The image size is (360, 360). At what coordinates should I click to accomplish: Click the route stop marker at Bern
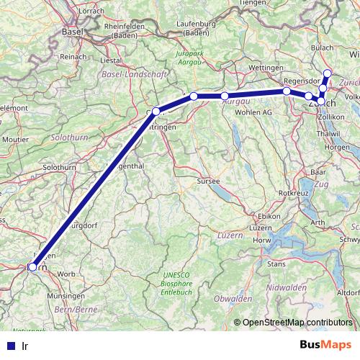(x=32, y=267)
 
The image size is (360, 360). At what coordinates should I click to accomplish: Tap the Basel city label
(x=73, y=32)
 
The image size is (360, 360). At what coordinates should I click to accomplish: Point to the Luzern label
(x=229, y=235)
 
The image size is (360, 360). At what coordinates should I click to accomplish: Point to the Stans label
(x=276, y=264)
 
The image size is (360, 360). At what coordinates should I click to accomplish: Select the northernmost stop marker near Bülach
(x=328, y=73)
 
